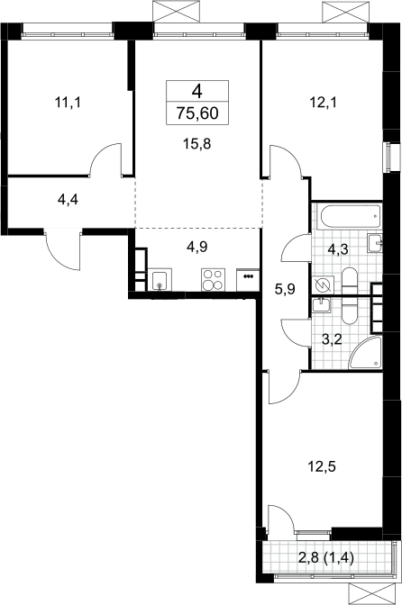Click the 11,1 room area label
coord(68,103)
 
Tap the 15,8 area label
coord(197,144)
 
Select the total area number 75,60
coord(197,113)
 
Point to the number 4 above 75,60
coord(197,92)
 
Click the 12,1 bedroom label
coord(324,103)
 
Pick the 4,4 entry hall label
coord(68,200)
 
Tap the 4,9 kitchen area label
coord(197,247)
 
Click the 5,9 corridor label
coord(285,289)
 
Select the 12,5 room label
coord(322,467)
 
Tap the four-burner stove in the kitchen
coord(213,280)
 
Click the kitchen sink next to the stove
coord(160,280)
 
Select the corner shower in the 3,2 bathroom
coord(365,353)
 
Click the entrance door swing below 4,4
coord(62,251)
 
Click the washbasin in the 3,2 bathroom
coord(322,305)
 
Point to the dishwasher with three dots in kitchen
coord(248,280)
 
